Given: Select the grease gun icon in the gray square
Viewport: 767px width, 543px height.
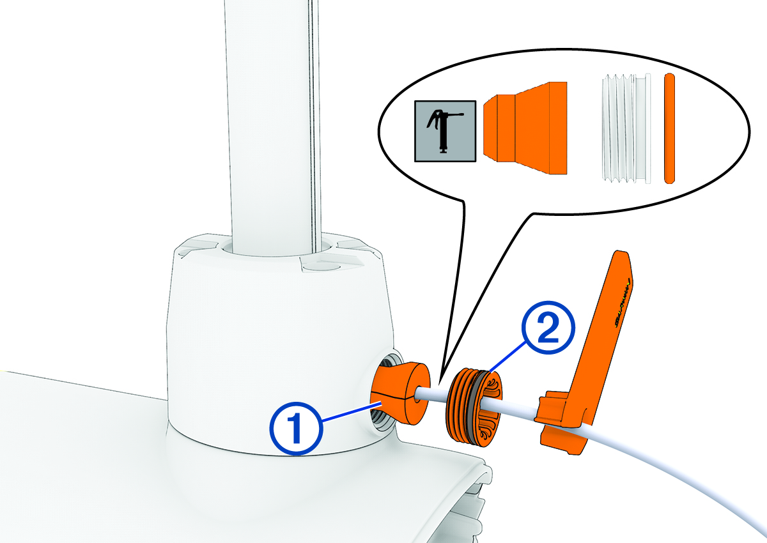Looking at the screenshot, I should pos(445,130).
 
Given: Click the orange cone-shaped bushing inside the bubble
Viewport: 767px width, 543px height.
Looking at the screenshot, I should pos(525,128).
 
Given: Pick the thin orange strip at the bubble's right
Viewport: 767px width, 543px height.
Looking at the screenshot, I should pos(669,128).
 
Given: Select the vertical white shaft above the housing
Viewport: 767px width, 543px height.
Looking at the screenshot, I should pos(272,115).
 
